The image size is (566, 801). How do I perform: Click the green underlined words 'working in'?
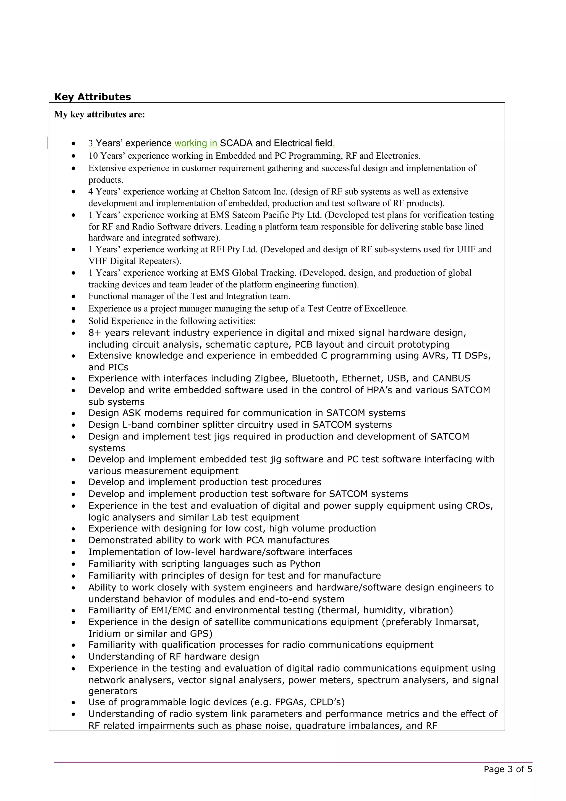tap(196, 143)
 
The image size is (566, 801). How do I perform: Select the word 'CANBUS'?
tap(451, 378)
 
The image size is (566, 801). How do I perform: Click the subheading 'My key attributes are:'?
tap(99, 114)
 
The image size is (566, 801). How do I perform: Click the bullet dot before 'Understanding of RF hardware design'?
tap(73, 657)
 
